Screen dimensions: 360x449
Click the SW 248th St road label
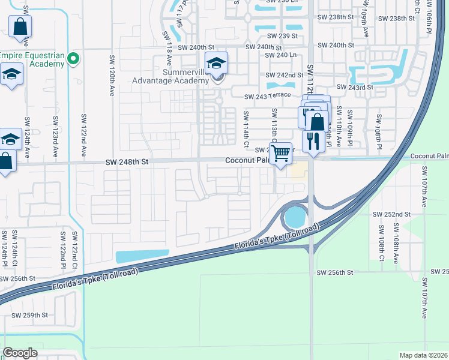[127, 161]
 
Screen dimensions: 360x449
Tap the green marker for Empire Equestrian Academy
[73, 59]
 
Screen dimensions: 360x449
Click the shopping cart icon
[280, 153]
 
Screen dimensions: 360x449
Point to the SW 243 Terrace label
[267, 96]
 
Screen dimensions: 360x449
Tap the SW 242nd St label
[285, 75]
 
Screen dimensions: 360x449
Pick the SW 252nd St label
[391, 214]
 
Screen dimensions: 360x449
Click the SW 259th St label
[32, 315]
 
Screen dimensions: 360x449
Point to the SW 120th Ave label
[112, 77]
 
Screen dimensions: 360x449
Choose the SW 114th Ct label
[246, 128]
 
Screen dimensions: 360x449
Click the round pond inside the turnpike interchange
[295, 217]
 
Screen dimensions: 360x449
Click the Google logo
[20, 353]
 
